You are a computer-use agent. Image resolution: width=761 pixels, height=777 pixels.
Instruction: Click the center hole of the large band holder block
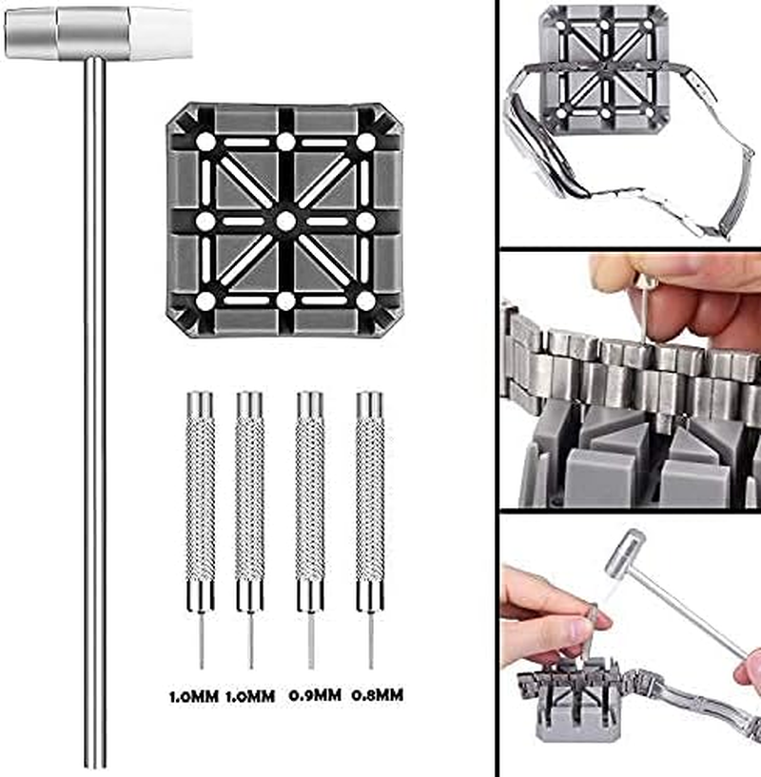click(285, 221)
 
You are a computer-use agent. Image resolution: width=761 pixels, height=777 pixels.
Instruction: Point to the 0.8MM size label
click(378, 695)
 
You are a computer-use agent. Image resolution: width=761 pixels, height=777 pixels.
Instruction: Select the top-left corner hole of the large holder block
click(205, 142)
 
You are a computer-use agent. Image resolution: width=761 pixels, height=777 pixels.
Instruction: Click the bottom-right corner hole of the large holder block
click(366, 301)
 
